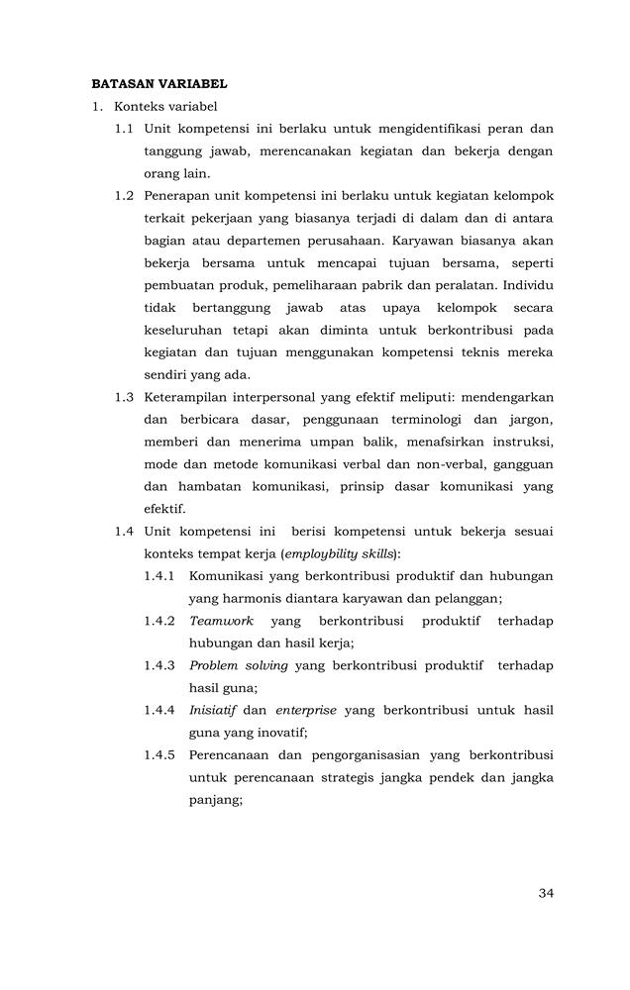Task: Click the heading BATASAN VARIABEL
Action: pyautogui.click(x=159, y=84)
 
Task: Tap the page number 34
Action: pyautogui.click(x=546, y=893)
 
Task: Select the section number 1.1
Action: pyautogui.click(x=124, y=129)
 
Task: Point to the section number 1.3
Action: pyautogui.click(x=124, y=397)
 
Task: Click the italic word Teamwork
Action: pyautogui.click(x=221, y=621)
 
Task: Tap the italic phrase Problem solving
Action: pyautogui.click(x=239, y=665)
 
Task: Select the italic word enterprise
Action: pyautogui.click(x=306, y=710)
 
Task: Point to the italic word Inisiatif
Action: pyautogui.click(x=212, y=710)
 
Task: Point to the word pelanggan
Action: pyautogui.click(x=468, y=598)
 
